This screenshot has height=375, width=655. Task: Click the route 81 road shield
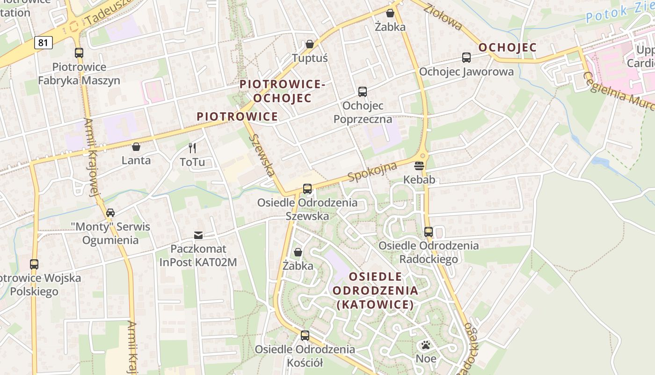point(43,43)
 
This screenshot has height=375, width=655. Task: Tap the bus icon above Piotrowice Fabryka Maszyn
point(79,53)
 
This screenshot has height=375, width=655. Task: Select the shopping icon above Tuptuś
point(310,44)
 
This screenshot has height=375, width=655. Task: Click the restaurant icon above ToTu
point(192,148)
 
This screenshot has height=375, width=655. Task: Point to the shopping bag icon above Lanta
point(136,147)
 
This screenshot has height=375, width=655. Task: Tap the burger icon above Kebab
point(419,165)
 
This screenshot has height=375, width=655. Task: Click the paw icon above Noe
point(426,345)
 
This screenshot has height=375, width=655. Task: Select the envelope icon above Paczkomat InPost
point(198,235)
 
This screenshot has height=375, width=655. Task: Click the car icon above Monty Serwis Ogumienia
point(110,213)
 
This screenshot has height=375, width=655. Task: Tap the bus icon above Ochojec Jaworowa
point(466,58)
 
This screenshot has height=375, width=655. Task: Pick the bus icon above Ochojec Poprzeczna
point(363,92)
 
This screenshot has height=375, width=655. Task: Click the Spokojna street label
point(372,172)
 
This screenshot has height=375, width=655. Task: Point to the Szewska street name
point(262,155)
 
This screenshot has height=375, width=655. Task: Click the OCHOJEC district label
point(508,48)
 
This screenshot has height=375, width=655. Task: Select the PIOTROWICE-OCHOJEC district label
point(282,91)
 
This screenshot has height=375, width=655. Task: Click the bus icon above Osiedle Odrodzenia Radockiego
point(429,232)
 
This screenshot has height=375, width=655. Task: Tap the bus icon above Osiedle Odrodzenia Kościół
point(305,336)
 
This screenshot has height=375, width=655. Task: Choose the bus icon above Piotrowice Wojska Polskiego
point(34,264)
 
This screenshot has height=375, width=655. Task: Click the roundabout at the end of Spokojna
point(423,155)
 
